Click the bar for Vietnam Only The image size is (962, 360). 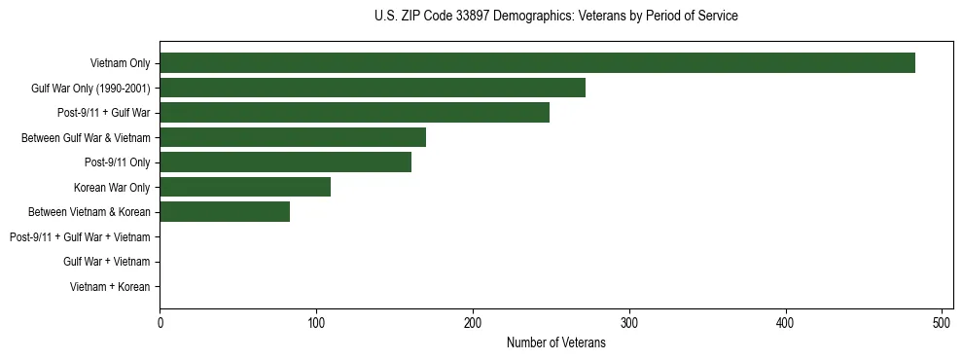click(537, 63)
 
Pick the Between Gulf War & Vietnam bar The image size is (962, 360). click(293, 137)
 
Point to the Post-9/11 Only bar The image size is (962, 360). click(285, 162)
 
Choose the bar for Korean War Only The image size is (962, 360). click(245, 187)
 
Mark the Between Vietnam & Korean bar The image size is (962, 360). click(225, 212)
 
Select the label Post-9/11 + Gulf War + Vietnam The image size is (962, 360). click(80, 236)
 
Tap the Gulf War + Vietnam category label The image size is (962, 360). click(106, 262)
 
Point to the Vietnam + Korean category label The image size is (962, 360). click(110, 287)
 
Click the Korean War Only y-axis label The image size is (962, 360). click(112, 187)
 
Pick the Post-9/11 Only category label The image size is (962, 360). click(117, 162)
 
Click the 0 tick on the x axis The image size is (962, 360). click(160, 321)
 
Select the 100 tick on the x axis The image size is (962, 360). click(316, 321)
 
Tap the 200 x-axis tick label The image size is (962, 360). click(473, 321)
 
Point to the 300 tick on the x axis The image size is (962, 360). click(629, 321)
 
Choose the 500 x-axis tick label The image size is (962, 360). click(942, 321)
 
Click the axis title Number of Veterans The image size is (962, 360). click(555, 342)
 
